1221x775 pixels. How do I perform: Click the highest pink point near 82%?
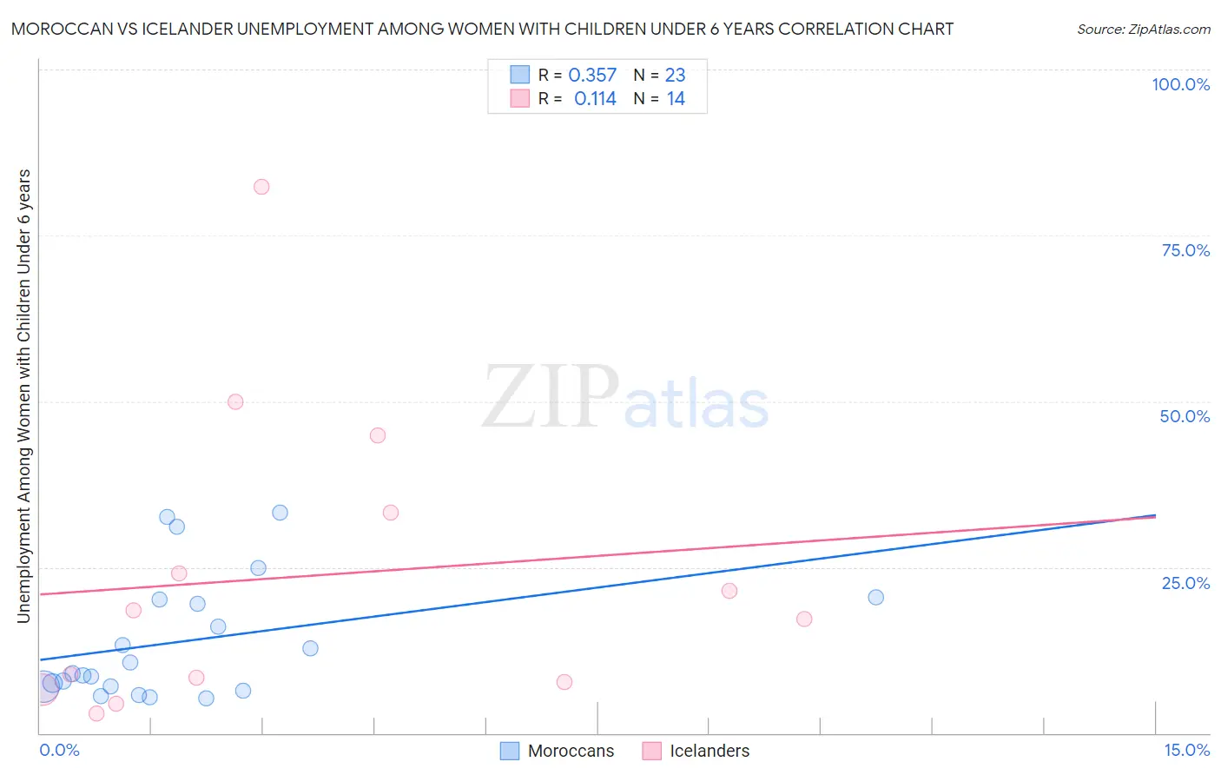(x=261, y=187)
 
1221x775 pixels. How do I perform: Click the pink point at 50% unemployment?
(x=235, y=401)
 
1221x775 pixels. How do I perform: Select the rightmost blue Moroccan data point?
(x=875, y=597)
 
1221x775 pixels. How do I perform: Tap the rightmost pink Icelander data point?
(x=804, y=619)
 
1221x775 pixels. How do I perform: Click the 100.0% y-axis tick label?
(x=1180, y=84)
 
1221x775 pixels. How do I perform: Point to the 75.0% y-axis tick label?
(x=1185, y=250)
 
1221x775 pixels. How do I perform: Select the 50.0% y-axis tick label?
(x=1185, y=416)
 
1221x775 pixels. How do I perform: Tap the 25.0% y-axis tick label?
(x=1185, y=583)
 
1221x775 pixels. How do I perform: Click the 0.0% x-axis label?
(x=59, y=750)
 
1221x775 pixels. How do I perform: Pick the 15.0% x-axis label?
(x=1186, y=750)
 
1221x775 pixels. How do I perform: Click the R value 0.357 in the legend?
(x=592, y=76)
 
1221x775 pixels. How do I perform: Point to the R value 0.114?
(x=595, y=99)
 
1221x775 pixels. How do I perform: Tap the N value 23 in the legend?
(x=675, y=76)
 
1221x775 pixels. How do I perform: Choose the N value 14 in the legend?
(x=676, y=99)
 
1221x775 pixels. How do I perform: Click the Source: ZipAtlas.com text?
(x=1143, y=30)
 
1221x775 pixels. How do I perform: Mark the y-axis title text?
(x=24, y=395)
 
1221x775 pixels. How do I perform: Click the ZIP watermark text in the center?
(x=550, y=398)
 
